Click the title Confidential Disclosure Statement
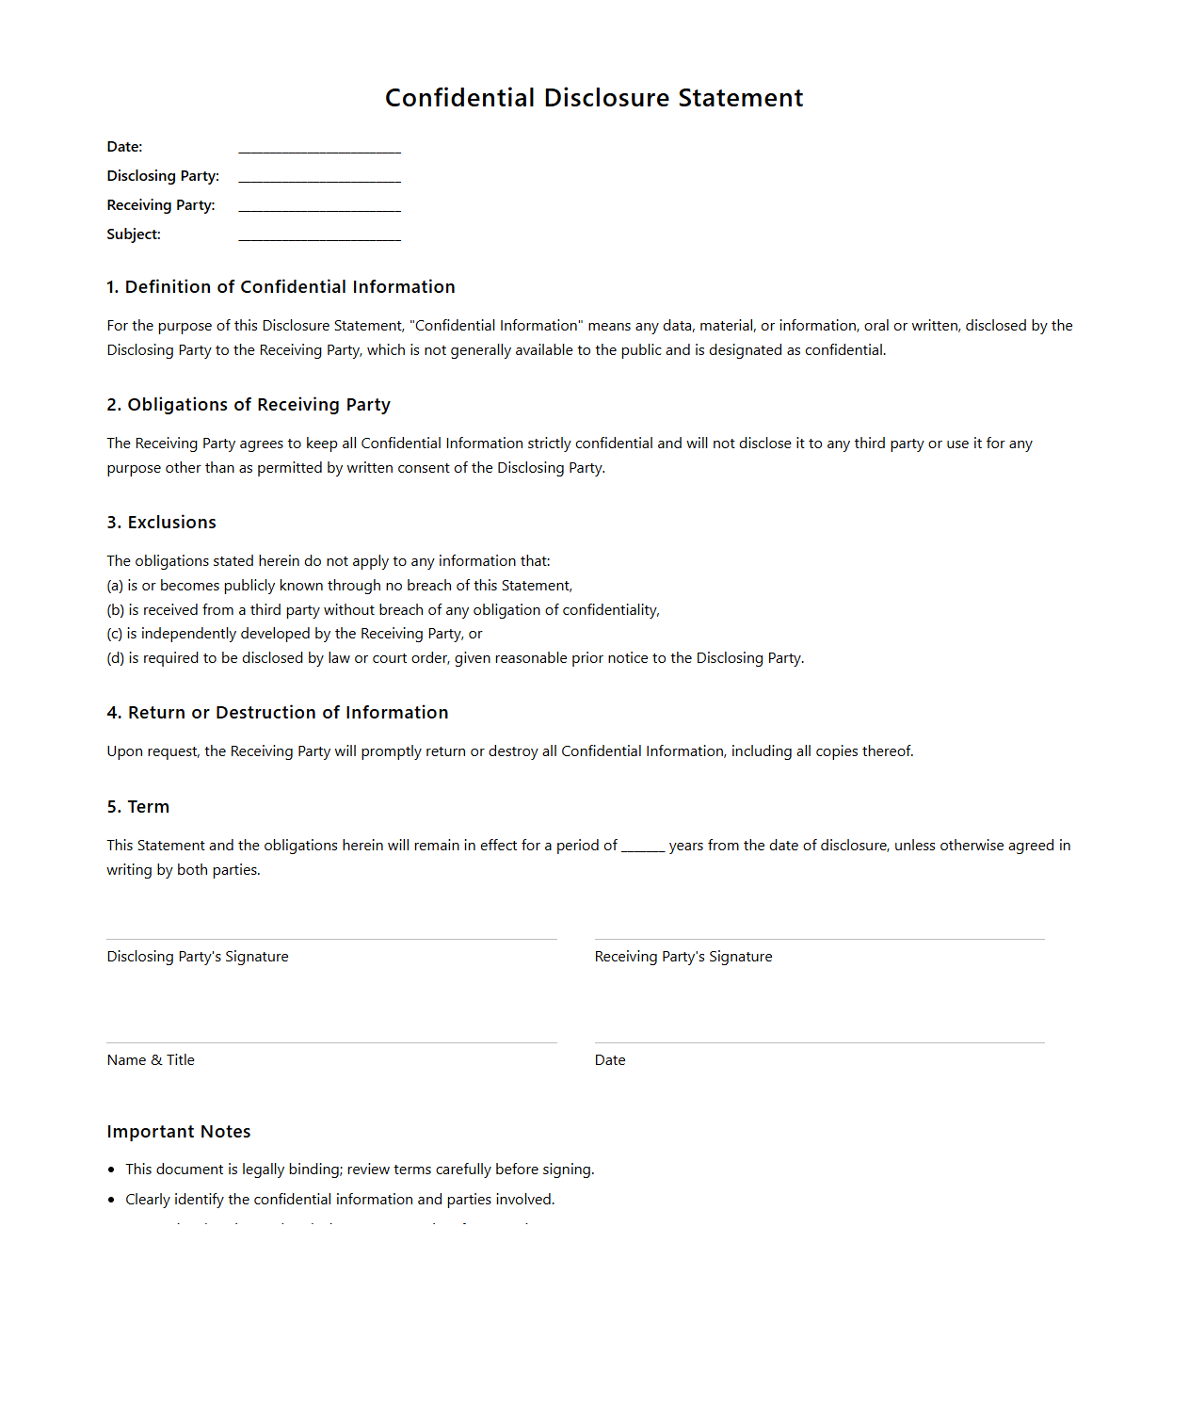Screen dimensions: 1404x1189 tap(594, 98)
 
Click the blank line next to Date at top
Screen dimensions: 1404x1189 tap(319, 148)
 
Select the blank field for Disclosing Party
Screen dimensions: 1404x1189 tap(319, 177)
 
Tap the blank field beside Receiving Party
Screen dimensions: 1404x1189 tap(319, 206)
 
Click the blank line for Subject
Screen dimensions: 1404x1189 tap(319, 235)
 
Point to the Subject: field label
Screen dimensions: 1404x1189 tap(134, 234)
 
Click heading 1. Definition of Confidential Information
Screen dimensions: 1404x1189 tap(281, 287)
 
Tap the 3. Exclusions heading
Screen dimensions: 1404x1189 tap(161, 523)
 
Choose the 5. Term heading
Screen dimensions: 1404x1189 tap(137, 807)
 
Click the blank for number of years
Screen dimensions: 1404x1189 tap(643, 847)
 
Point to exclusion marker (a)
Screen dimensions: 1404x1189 tap(115, 586)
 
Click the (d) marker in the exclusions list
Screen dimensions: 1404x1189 tap(116, 658)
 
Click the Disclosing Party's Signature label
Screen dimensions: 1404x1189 tap(198, 957)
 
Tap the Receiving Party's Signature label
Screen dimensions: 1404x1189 tap(683, 957)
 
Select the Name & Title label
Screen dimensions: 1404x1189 tap(151, 1060)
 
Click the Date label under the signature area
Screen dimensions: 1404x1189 tap(610, 1060)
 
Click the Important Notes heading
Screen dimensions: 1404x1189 tap(179, 1132)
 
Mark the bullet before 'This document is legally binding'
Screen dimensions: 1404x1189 tap(112, 1170)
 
